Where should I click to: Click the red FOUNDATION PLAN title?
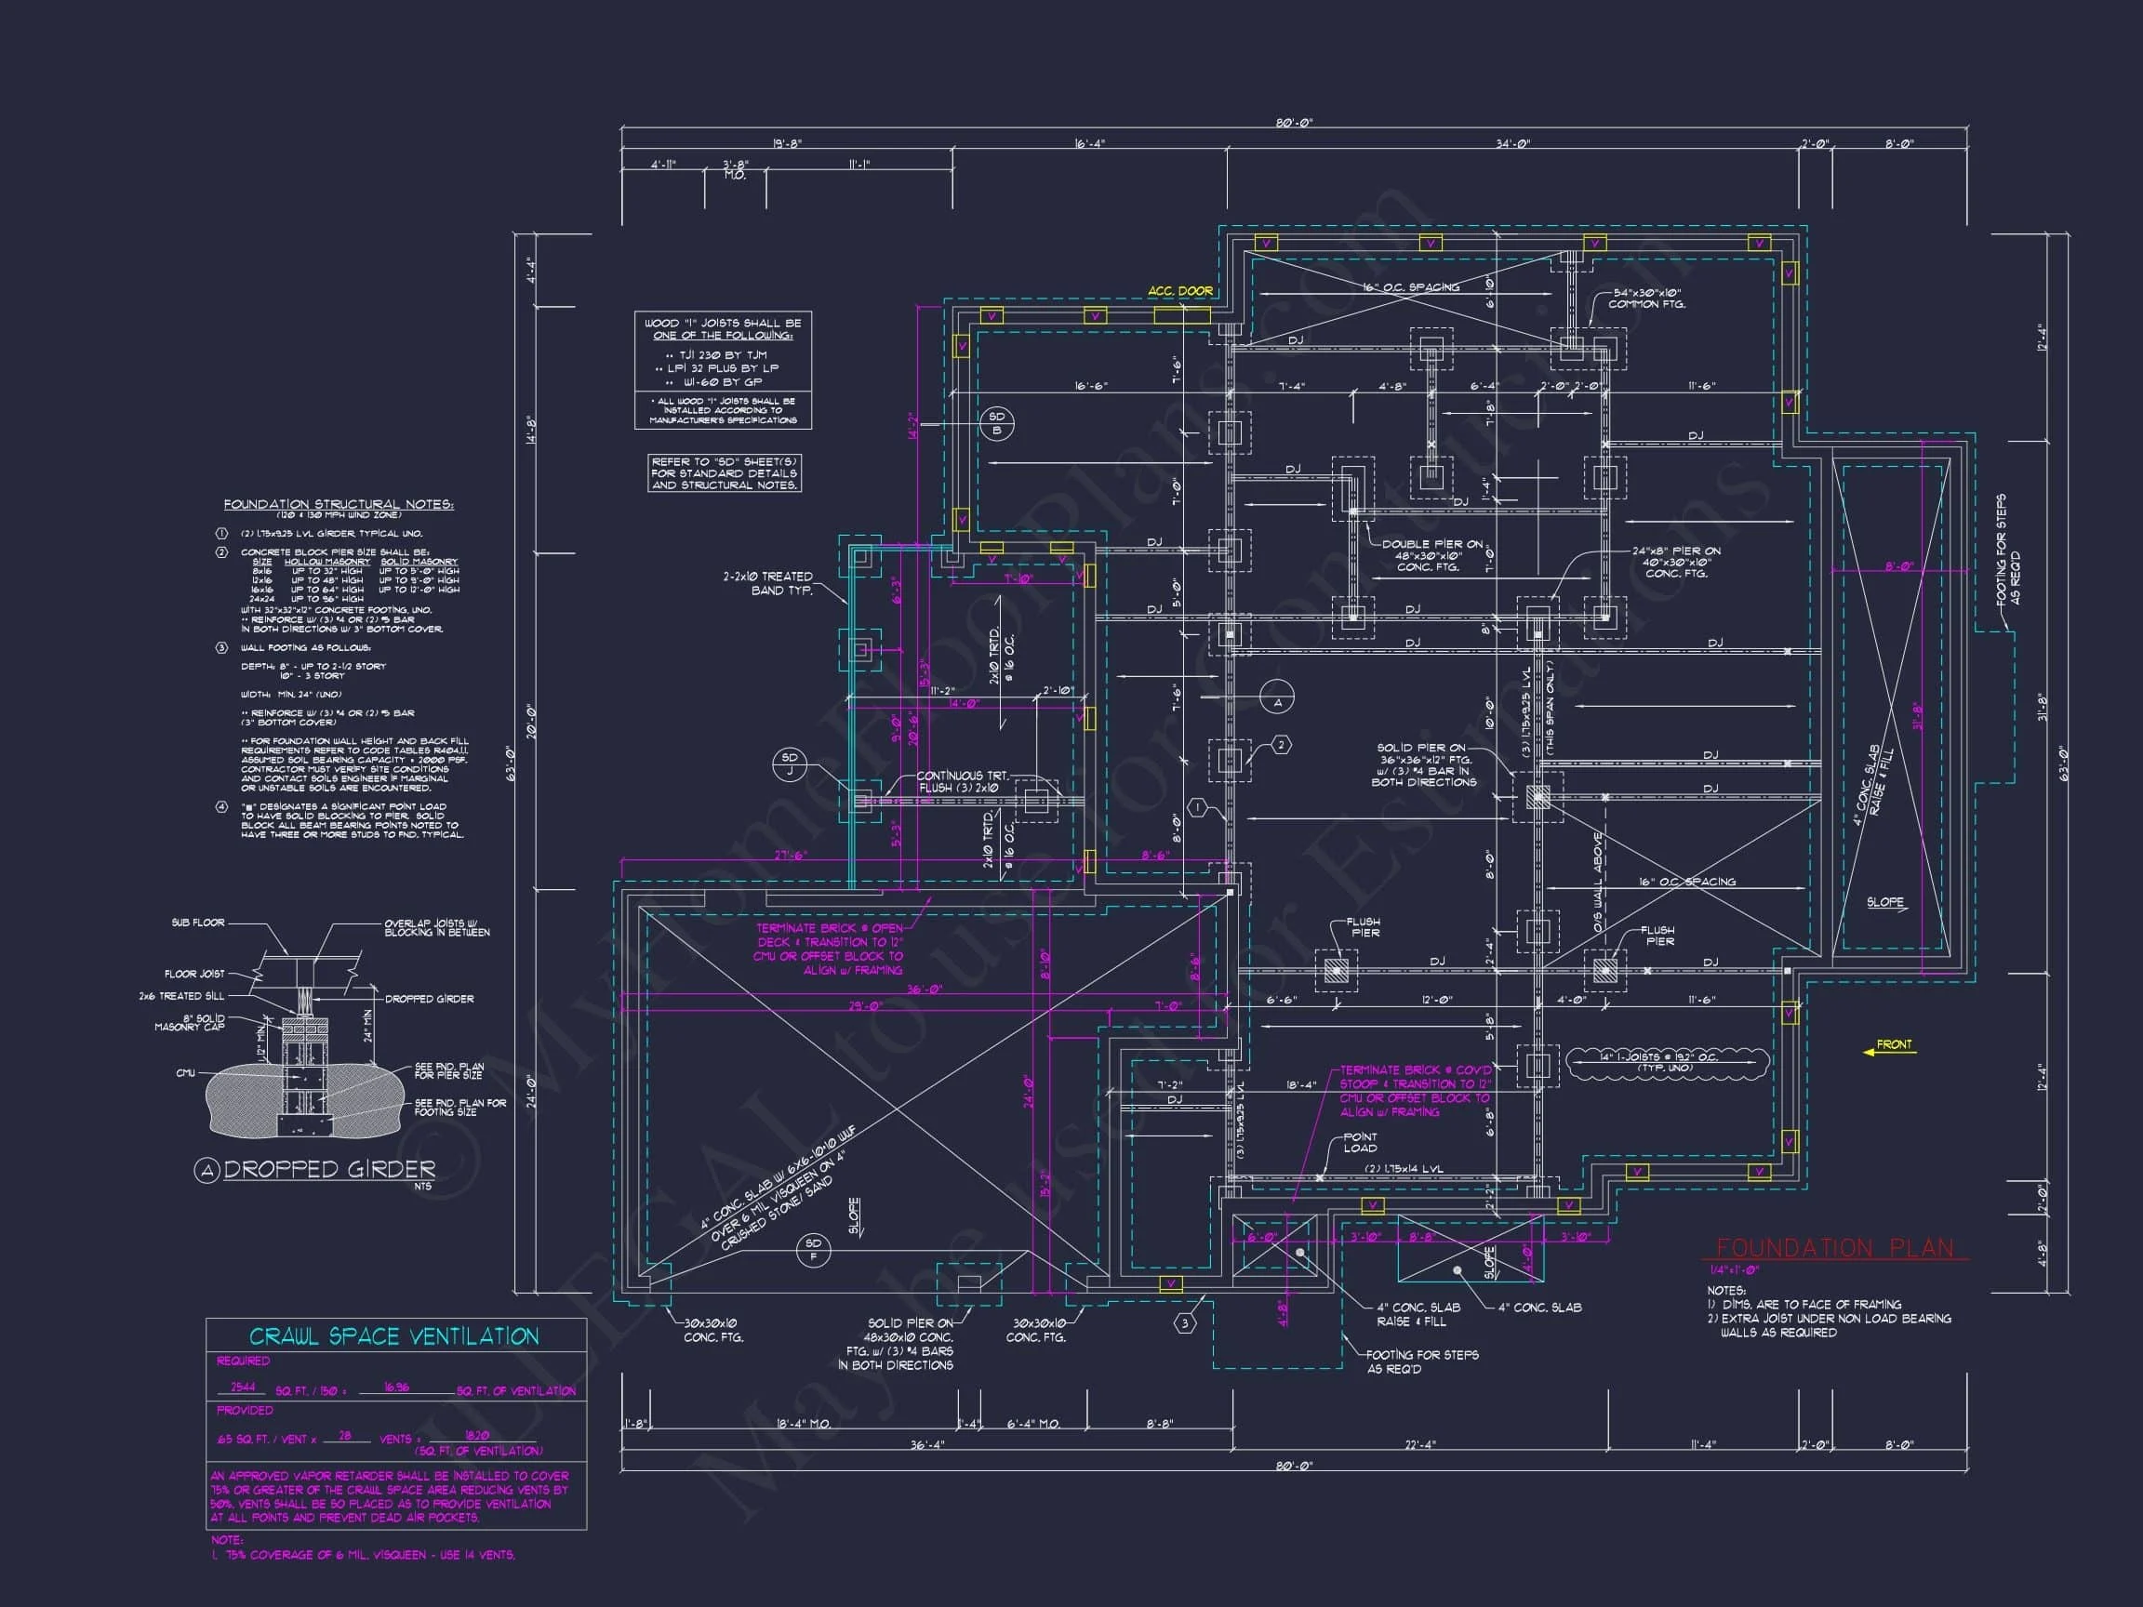[x=1835, y=1249]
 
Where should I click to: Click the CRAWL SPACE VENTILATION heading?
[x=393, y=1336]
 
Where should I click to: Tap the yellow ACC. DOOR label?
[x=1179, y=290]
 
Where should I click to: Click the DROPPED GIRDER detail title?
[x=328, y=1170]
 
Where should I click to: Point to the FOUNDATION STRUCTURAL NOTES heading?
[x=339, y=505]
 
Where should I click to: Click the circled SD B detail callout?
[x=997, y=423]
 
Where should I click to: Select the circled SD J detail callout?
[x=790, y=764]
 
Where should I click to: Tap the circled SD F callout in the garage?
[x=813, y=1250]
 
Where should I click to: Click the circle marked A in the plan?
[x=1277, y=703]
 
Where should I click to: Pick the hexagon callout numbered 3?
[x=1185, y=1323]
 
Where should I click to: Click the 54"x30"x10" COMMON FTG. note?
[x=1647, y=299]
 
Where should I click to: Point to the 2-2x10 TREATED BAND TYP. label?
[x=767, y=583]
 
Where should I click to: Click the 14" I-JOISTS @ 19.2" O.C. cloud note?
[x=1667, y=1062]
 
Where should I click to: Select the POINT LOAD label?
[x=1360, y=1142]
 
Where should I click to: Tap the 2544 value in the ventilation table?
[x=242, y=1388]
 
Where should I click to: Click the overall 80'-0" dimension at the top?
[x=1294, y=123]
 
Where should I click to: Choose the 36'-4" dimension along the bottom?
[x=927, y=1444]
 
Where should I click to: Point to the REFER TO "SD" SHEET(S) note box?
[x=724, y=473]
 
